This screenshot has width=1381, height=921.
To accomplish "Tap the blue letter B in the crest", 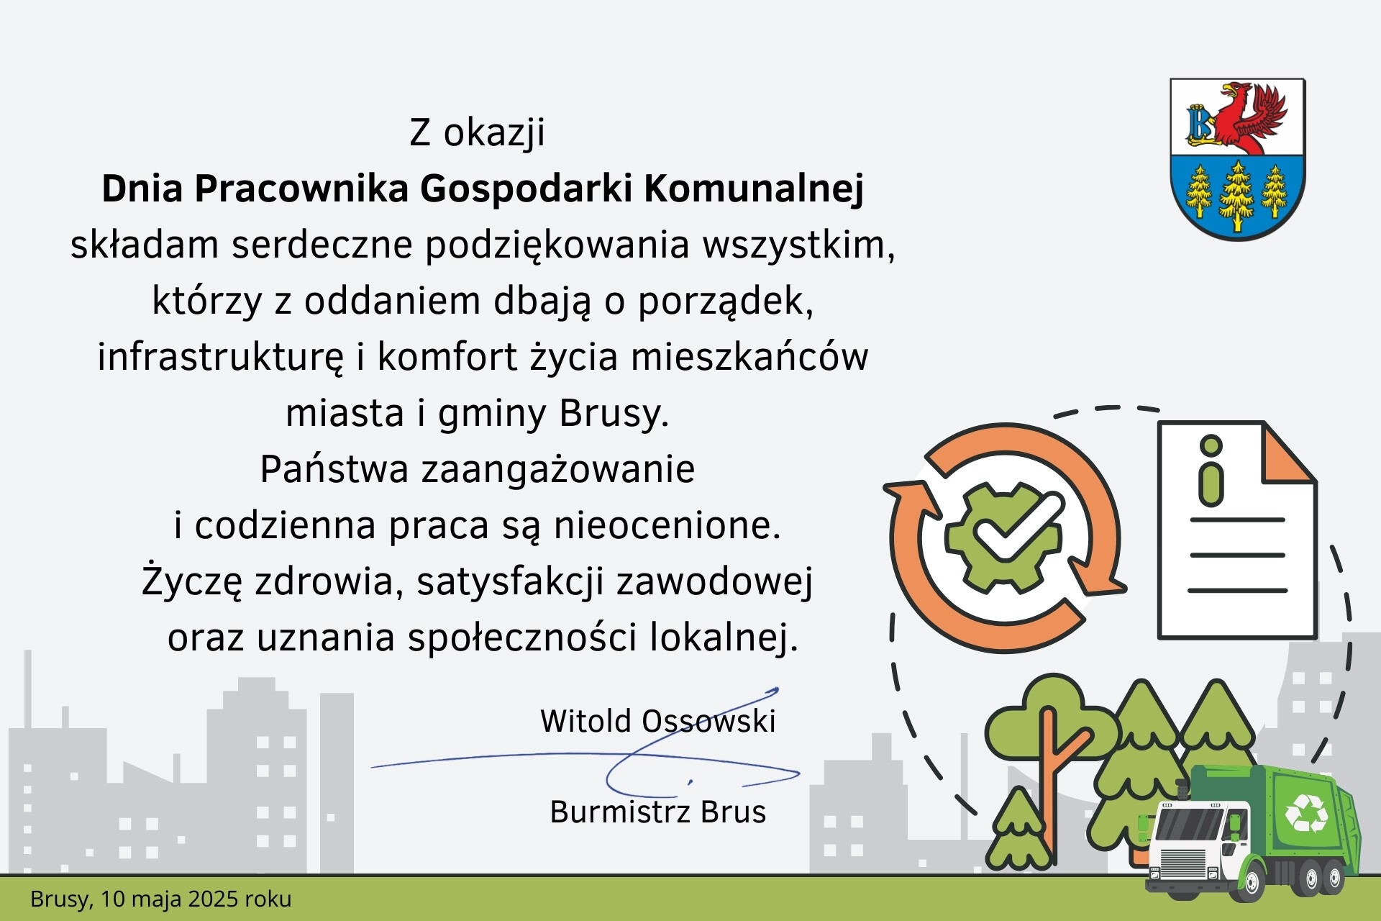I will coord(1199,124).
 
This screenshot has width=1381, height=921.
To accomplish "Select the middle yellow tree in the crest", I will coord(1237,194).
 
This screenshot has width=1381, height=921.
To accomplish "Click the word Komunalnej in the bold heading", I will coord(753,189).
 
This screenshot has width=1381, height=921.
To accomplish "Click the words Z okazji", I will coord(477,132).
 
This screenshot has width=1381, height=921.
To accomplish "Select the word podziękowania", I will coord(557,245).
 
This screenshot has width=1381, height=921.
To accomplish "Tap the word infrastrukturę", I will coord(221,357).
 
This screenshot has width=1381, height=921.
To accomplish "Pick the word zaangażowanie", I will coord(557,469).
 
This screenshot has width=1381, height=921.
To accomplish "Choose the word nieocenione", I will coord(666,525).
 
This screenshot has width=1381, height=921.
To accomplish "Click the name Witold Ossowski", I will coord(657,721).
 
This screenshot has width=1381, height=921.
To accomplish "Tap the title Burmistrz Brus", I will coord(657,812).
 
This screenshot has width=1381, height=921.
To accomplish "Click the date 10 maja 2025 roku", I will coord(196,899).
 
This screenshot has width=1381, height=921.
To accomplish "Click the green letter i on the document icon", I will coord(1211,471).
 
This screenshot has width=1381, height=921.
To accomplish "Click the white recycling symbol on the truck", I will coord(1306,812).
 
